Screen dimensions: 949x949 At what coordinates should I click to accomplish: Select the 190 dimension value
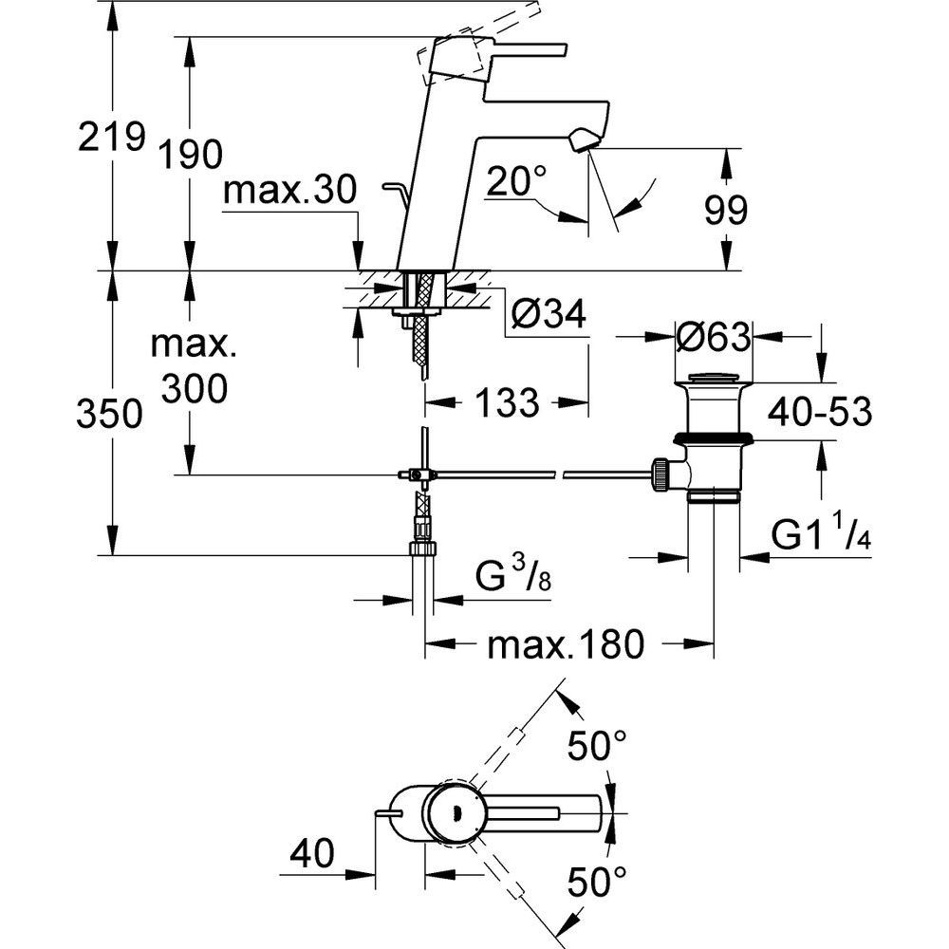pos(191,153)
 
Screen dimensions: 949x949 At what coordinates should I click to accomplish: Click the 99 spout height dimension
pos(727,209)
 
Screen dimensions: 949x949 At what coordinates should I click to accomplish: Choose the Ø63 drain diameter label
pos(713,336)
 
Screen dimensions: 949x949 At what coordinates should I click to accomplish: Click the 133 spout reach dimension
pos(505,403)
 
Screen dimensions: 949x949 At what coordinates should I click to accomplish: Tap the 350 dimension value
pos(111,415)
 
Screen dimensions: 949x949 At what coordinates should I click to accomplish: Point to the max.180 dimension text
pos(566,645)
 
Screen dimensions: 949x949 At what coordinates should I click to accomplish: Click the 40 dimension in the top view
pos(312,854)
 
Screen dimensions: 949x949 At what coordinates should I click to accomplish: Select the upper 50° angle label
pos(597,746)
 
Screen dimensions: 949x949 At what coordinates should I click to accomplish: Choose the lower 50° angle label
pos(597,884)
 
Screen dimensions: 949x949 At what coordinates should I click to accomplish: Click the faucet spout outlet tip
pos(581,142)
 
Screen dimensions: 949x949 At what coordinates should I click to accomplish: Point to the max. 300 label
pos(193,366)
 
